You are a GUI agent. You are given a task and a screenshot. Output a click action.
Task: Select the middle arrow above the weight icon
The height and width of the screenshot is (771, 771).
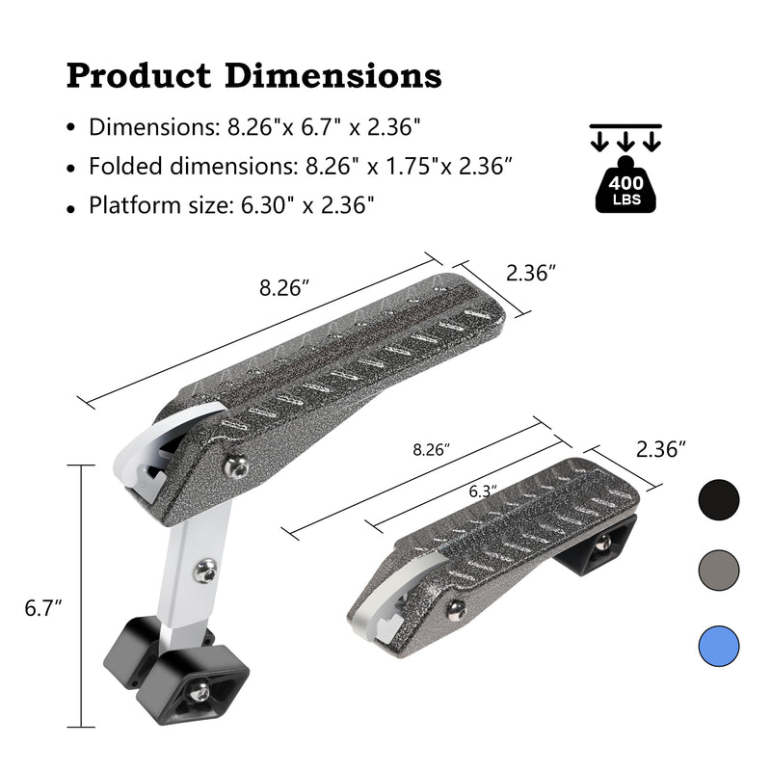625,141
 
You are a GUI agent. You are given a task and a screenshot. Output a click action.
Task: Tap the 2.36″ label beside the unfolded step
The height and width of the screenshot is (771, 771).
532,274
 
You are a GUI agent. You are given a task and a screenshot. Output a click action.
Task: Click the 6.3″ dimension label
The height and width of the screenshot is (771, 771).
483,491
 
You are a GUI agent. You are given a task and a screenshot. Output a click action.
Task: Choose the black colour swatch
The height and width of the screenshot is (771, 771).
718,499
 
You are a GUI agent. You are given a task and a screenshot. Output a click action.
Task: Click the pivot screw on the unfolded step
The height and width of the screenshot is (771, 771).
235,466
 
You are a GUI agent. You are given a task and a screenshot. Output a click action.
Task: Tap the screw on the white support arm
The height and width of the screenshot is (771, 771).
203,572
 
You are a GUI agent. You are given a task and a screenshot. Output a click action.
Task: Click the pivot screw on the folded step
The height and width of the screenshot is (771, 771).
456,607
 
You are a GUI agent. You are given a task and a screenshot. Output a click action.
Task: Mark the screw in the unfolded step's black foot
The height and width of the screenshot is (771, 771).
199,692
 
